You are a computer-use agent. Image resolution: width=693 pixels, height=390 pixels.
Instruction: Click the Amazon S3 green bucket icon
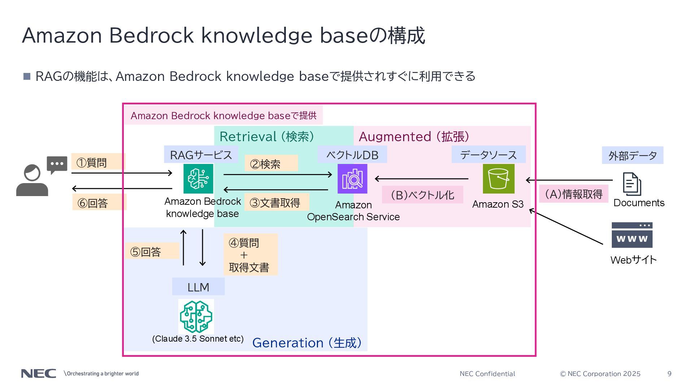(x=498, y=179)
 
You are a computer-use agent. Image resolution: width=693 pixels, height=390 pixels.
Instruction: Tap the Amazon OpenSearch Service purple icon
(x=352, y=179)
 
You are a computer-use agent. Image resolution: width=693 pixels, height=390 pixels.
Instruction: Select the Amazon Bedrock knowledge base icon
(x=198, y=179)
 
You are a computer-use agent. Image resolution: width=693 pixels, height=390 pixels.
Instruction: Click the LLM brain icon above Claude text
(x=196, y=316)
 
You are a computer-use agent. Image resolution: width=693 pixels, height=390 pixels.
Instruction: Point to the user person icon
(x=32, y=181)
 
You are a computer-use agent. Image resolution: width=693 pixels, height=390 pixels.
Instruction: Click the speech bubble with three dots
(x=57, y=164)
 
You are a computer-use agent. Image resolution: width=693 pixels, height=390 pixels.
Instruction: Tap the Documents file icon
(x=632, y=184)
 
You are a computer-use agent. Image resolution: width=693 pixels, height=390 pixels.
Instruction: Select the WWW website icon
(x=632, y=235)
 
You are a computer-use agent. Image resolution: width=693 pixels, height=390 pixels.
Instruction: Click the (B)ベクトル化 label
(x=422, y=195)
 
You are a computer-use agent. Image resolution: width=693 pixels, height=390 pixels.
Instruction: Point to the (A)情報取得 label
(x=574, y=194)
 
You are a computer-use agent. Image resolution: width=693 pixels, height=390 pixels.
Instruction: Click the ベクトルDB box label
(x=352, y=155)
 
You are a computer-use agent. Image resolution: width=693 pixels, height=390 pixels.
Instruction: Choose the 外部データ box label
(x=632, y=155)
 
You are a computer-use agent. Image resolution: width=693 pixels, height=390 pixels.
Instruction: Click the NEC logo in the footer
(x=39, y=373)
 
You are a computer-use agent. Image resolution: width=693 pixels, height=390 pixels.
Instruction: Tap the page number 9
(x=670, y=374)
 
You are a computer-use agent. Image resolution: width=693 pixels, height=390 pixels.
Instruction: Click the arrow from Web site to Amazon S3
(x=566, y=227)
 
